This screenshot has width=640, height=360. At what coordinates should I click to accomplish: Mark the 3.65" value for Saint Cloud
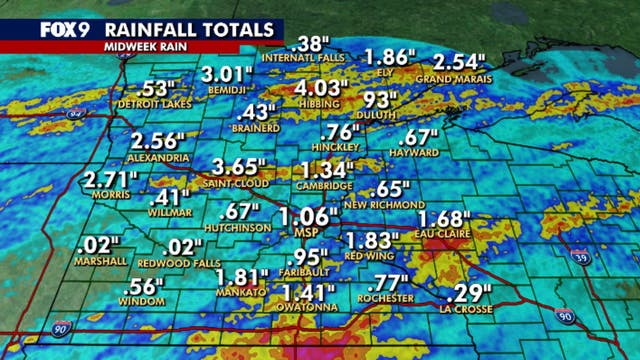239,165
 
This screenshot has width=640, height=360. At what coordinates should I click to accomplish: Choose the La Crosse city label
468,306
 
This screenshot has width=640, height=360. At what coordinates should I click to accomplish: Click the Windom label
143,303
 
